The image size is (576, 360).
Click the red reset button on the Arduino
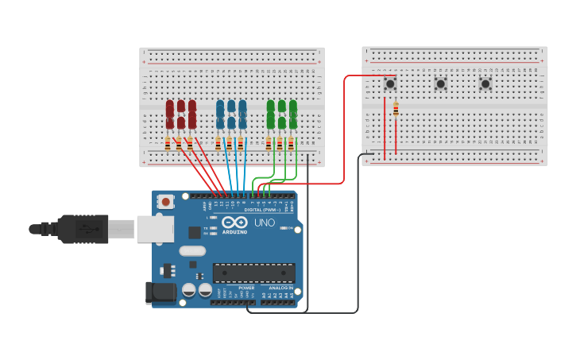pyautogui.click(x=165, y=202)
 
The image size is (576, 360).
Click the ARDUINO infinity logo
pyautogui.click(x=234, y=223)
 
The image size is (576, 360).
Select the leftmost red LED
pyautogui.click(x=169, y=114)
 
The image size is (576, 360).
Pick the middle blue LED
pyautogui.click(x=231, y=114)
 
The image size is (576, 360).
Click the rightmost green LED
pyautogui.click(x=293, y=114)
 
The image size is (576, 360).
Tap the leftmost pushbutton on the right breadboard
pyautogui.click(x=390, y=83)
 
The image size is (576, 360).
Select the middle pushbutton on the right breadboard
pyautogui.click(x=440, y=83)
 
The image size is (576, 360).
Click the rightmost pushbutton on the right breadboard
pyautogui.click(x=485, y=83)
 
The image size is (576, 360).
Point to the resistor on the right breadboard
pyautogui.click(x=396, y=110)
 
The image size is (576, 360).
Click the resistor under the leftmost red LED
pyautogui.click(x=168, y=144)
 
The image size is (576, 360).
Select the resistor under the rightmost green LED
pyautogui.click(x=291, y=144)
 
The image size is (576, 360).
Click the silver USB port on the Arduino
pyautogui.click(x=154, y=229)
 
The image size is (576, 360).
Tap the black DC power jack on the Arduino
pyautogui.click(x=160, y=292)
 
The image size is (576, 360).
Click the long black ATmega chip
pyautogui.click(x=253, y=273)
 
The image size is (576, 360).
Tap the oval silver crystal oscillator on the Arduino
pyautogui.click(x=192, y=251)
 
